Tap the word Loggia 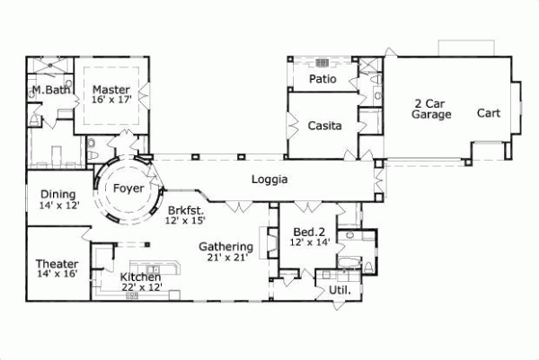(269, 180)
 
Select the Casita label (324, 127)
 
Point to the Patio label (323, 80)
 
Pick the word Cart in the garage (489, 114)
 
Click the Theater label (57, 264)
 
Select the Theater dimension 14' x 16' (57, 275)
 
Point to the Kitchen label (141, 277)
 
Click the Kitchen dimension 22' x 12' (141, 288)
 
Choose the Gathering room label (225, 247)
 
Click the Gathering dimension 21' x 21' (225, 259)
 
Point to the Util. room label (339, 292)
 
